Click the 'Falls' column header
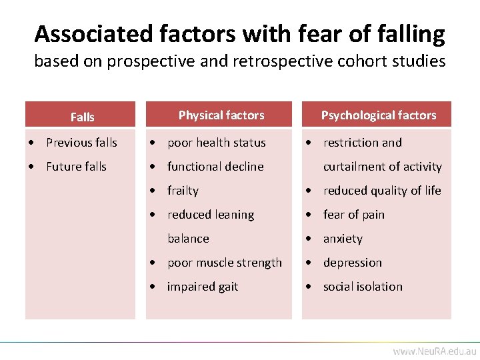point(82,117)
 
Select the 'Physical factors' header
point(221,115)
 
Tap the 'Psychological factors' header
point(379,115)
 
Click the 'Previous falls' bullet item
point(81,143)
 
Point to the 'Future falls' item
point(76,167)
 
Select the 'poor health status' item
point(216,143)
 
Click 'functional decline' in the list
point(215,167)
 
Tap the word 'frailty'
point(183,191)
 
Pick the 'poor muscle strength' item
point(225,263)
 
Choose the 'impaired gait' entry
point(203,287)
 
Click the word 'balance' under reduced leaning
point(188,239)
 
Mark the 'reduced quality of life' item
point(382,191)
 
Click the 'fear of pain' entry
point(353,215)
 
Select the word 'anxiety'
point(343,239)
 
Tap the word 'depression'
point(353,263)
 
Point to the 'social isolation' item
point(363,287)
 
